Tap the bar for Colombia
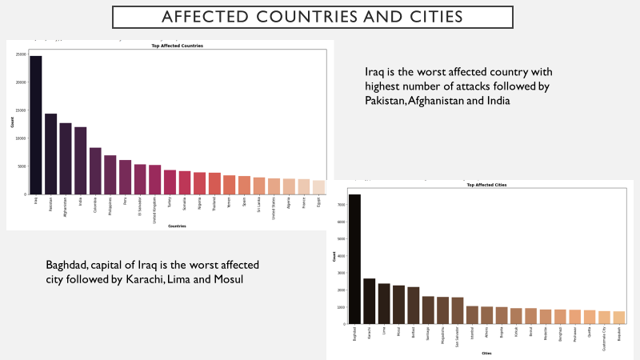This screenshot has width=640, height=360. point(95,171)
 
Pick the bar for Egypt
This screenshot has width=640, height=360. point(318,187)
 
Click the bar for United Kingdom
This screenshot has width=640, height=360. point(155,180)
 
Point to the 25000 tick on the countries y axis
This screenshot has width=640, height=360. point(22,54)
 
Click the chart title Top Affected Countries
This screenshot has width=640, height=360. point(178,46)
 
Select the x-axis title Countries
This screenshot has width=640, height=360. point(177,226)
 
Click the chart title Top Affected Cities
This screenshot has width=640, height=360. point(486,185)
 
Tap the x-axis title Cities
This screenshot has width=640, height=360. point(486,353)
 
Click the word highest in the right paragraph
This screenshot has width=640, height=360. point(387,86)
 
